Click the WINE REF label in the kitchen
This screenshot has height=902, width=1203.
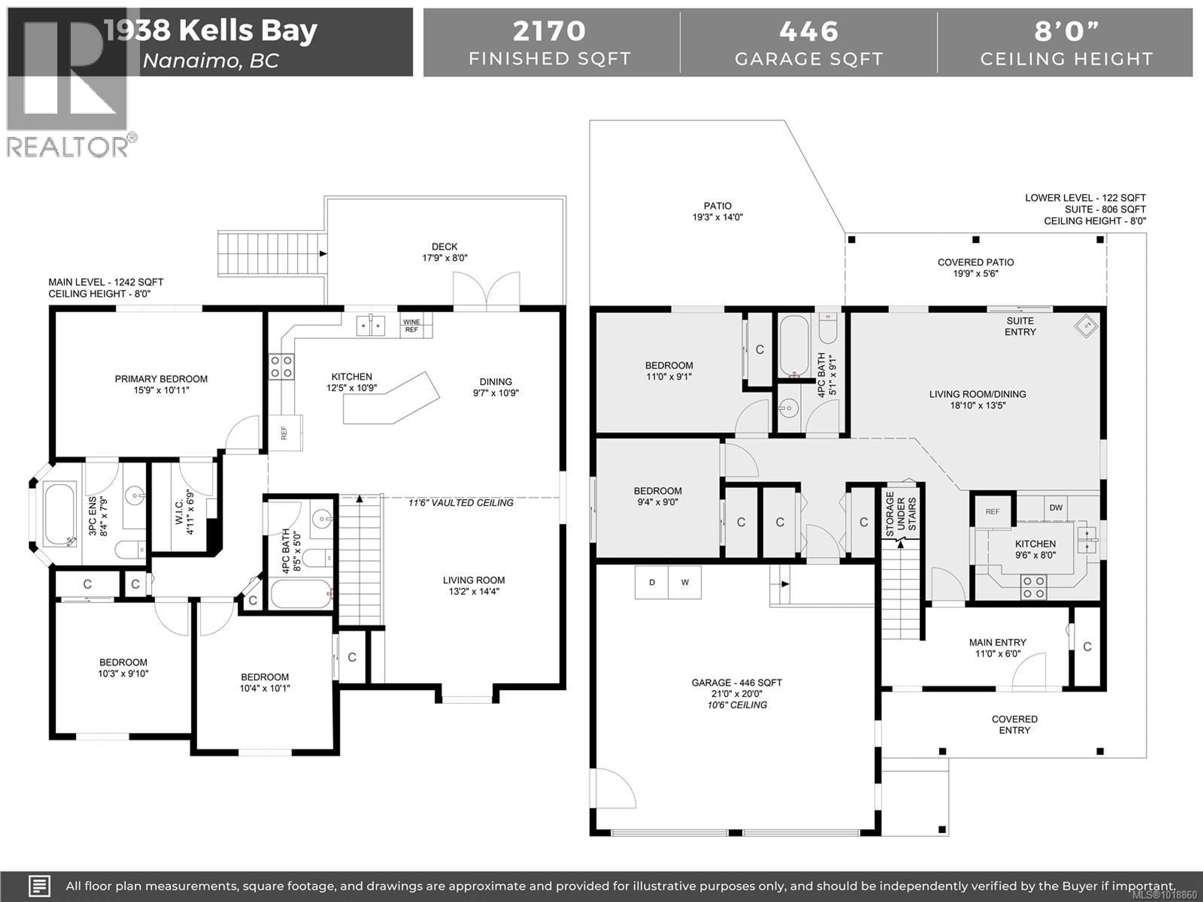tap(412, 326)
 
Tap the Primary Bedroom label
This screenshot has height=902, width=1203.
tap(161, 384)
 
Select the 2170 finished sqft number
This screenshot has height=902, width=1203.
tap(549, 31)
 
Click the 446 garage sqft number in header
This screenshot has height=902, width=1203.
tap(809, 31)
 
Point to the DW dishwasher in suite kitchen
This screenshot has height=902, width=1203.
tap(1056, 508)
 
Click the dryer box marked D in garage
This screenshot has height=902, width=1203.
tap(652, 582)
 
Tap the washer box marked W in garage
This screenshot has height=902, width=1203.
tap(685, 582)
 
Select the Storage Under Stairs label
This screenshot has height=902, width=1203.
tap(901, 514)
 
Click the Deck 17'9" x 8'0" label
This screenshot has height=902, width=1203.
tap(444, 252)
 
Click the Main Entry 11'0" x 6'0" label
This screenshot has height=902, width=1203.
tap(997, 648)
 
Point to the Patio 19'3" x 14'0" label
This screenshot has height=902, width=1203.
tap(717, 211)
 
